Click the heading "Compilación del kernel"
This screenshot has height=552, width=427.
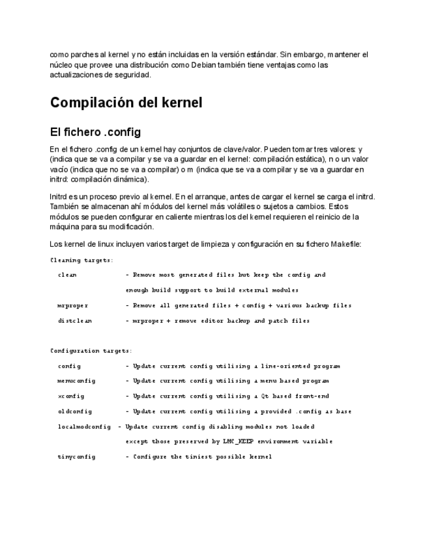tap(126, 103)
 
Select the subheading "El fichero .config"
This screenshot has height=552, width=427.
tap(95, 132)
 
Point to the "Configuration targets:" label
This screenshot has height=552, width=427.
tap(91, 351)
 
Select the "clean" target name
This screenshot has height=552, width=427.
tap(67, 275)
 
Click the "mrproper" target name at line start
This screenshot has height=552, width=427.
tap(73, 305)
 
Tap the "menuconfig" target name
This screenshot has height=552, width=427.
tap(76, 381)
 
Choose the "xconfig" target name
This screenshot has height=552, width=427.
tap(71, 396)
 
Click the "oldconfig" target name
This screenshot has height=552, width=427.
tap(75, 411)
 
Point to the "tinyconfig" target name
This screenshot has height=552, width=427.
tap(76, 457)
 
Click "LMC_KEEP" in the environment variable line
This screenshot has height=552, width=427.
tap(236, 441)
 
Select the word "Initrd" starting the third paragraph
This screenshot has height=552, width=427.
tap(59, 196)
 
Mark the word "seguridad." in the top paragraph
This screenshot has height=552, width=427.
tap(133, 75)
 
